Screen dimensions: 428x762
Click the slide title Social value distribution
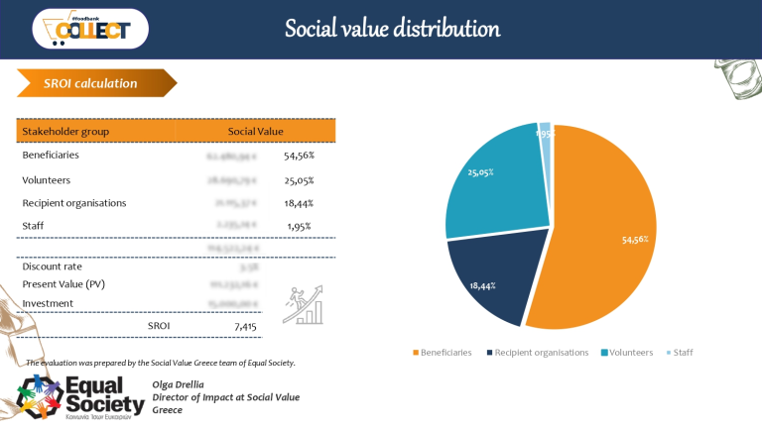point(392,28)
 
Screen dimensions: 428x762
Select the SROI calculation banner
point(90,83)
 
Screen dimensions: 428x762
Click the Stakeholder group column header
point(65,131)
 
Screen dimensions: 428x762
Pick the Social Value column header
point(255,131)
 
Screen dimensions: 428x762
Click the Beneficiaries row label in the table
point(51,156)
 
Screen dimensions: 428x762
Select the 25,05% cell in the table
point(299,179)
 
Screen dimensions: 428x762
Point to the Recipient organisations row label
point(74,203)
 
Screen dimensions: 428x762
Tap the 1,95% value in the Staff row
point(298,226)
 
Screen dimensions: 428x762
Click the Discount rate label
point(52,267)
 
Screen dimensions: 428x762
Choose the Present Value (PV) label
point(63,285)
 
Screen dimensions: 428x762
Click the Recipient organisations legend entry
point(541,352)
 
